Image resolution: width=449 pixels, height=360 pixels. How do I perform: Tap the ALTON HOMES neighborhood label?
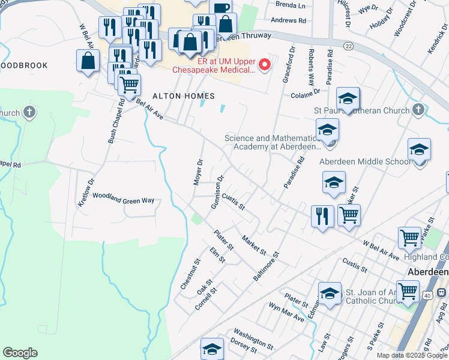point(175,96)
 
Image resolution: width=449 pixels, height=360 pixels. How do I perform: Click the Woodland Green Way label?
point(123,199)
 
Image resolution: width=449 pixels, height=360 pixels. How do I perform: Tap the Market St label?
point(253,244)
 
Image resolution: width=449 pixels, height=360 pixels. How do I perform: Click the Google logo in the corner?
point(20,353)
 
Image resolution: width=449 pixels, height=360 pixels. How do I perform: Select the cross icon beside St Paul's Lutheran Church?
point(418,110)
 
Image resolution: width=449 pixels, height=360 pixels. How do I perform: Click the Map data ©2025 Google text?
point(412,355)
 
